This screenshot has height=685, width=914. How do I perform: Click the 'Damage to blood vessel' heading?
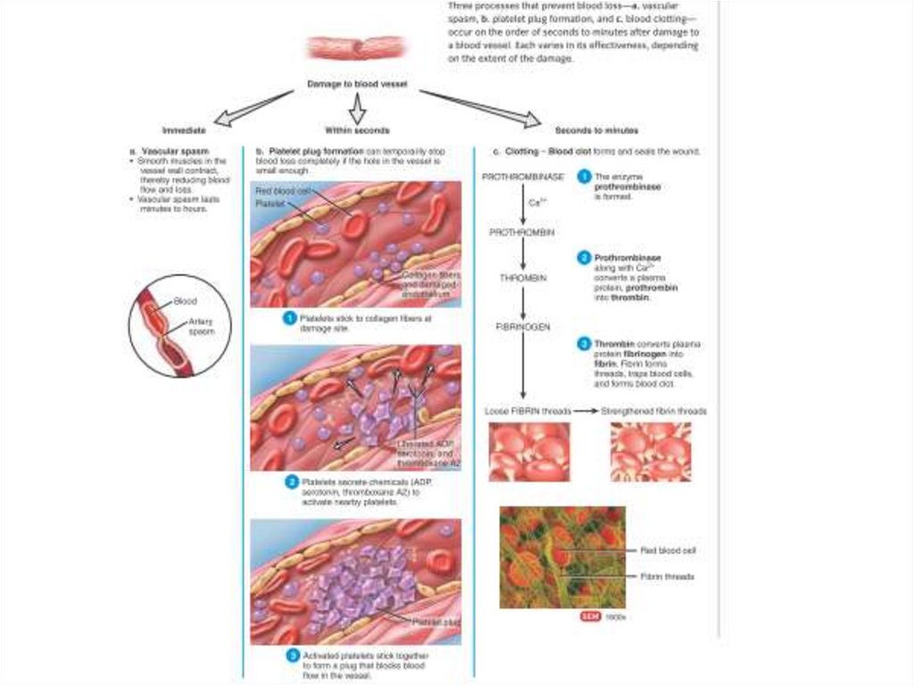(357, 84)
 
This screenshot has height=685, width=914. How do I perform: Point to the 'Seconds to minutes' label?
(596, 130)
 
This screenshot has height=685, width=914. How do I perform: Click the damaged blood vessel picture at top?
(356, 47)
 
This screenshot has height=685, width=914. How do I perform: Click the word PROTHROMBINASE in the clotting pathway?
(523, 178)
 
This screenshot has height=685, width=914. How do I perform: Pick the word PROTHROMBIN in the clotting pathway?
(523, 231)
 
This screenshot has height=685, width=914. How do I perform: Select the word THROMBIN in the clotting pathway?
(523, 279)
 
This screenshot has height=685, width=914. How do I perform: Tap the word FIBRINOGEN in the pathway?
(523, 327)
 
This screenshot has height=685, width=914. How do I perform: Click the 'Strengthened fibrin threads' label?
(654, 412)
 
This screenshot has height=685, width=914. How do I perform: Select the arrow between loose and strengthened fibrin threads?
(585, 412)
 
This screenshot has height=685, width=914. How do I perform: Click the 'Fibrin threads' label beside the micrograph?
(668, 577)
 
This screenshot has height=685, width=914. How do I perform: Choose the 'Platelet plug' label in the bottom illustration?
(436, 621)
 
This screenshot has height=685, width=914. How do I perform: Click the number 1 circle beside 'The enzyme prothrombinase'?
(584, 178)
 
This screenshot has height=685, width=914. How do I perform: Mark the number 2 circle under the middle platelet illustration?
(291, 482)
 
